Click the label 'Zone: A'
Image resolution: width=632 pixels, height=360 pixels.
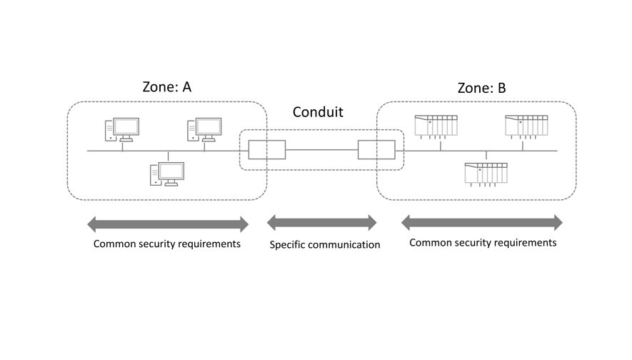click(x=166, y=88)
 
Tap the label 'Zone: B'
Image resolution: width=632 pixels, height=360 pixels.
click(x=481, y=88)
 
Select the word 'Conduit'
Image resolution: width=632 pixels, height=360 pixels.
click(x=318, y=112)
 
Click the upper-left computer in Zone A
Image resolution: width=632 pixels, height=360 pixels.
click(x=121, y=130)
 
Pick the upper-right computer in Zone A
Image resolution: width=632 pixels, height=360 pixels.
click(x=204, y=130)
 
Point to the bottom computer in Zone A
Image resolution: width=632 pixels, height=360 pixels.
click(x=167, y=174)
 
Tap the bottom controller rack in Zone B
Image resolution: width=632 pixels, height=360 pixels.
click(x=486, y=174)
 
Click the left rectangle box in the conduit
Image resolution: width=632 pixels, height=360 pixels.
click(x=266, y=150)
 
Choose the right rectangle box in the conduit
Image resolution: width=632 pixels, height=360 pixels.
click(x=376, y=150)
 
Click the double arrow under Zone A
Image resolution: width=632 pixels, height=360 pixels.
click(x=168, y=224)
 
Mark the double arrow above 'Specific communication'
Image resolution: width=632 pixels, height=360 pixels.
click(x=321, y=223)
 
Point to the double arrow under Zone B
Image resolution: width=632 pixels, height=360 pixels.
click(x=481, y=223)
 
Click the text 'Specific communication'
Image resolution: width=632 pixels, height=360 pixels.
click(x=324, y=245)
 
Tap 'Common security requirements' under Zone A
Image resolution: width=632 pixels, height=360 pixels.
click(x=167, y=244)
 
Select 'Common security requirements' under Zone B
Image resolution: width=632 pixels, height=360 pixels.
click(x=483, y=243)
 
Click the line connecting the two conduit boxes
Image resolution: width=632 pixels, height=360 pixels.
click(x=321, y=150)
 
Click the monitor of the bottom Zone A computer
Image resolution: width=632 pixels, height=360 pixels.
click(x=171, y=170)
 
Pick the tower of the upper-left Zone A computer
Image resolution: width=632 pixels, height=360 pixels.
click(x=110, y=131)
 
